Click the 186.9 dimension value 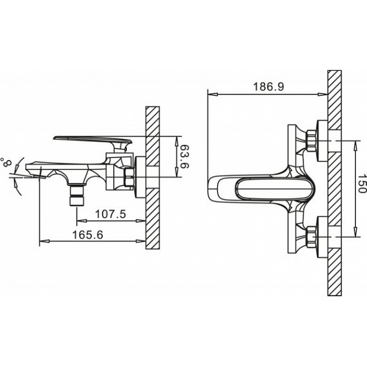tap(268, 87)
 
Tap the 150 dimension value tap(362, 183)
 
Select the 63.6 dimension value tap(185, 156)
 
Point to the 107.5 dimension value tap(111, 214)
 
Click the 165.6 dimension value tap(88, 235)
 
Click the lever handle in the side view tap(93, 141)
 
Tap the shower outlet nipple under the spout tap(77, 195)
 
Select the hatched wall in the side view tap(153, 178)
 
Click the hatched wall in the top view tap(334, 183)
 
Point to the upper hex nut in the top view tap(311, 141)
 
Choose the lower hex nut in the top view tap(311, 237)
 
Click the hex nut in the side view tap(129, 177)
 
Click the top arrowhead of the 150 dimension tap(355, 146)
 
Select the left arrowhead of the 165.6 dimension tap(45, 241)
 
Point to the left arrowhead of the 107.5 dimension tap(82, 220)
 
